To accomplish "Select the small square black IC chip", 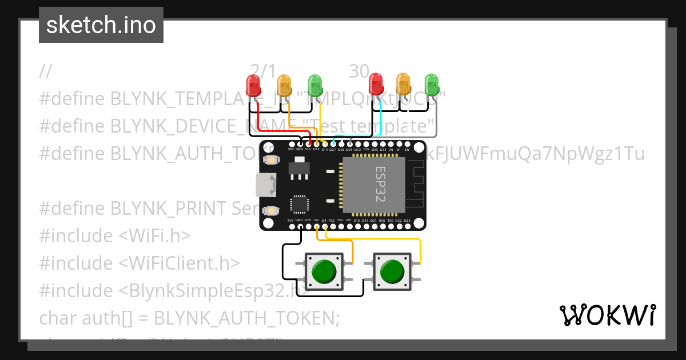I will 300,205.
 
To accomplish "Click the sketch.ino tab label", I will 101,25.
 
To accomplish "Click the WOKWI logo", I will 607,315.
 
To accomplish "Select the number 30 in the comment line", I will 359,71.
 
